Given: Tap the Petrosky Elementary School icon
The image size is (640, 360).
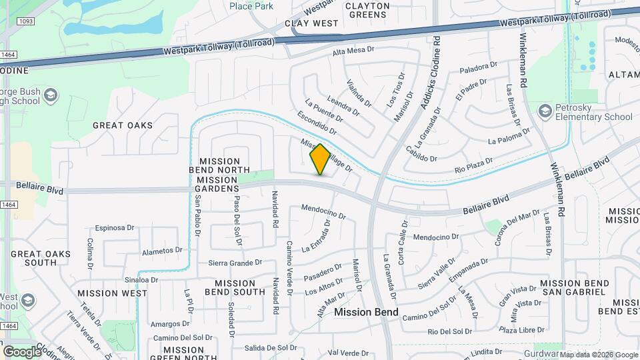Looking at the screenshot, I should click(x=545, y=110).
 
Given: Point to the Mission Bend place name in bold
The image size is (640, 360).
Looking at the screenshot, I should click(x=366, y=312).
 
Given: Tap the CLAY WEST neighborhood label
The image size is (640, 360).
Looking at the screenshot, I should click(x=311, y=23).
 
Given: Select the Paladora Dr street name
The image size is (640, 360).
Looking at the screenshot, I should click(x=478, y=67).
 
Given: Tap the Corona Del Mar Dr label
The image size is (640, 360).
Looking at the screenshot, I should click(x=517, y=227).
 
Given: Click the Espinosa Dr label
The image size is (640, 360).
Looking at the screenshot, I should click(x=114, y=227).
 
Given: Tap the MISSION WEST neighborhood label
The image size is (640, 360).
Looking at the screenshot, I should click(x=112, y=293).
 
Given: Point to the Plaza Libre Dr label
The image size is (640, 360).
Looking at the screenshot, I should click(x=521, y=330).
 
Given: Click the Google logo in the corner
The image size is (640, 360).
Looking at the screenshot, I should click(x=22, y=351).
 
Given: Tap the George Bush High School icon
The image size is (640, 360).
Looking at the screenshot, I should click(x=49, y=97).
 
